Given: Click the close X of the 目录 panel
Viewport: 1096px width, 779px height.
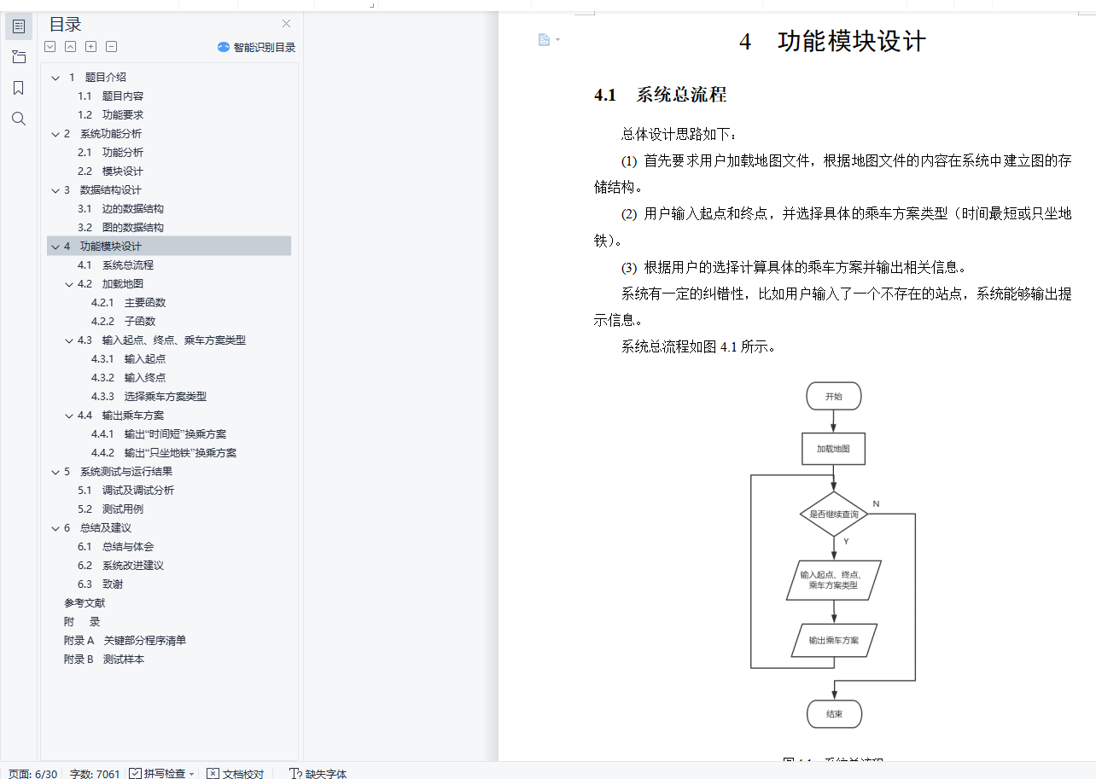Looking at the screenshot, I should coord(287,24).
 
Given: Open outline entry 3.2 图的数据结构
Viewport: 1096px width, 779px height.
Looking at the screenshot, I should coord(132,227).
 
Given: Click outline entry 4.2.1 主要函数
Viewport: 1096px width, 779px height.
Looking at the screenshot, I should coord(144,302).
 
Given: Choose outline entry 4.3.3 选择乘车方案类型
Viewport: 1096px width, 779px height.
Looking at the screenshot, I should coord(165,396).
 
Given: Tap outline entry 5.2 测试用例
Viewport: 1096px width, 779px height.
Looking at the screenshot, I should coord(122,509).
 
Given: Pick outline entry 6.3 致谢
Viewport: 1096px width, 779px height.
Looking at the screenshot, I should coord(112,584).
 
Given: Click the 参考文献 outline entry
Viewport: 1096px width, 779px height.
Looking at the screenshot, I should coord(85,602).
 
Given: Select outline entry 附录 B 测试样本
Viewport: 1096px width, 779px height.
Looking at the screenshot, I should coord(103,659).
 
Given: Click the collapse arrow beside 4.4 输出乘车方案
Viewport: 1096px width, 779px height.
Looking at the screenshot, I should coord(69,416).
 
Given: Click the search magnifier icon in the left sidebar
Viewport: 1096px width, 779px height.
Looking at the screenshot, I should coord(19,119).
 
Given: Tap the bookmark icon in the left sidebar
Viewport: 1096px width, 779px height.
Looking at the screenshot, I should coord(19,88).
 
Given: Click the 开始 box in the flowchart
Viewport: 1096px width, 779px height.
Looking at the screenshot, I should coord(833,397).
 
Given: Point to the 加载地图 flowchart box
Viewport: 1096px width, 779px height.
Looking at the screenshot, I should coord(833,448).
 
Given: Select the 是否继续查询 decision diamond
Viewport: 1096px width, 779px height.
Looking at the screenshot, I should coord(834,514).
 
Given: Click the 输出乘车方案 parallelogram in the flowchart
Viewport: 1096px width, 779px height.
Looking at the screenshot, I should coord(834,640).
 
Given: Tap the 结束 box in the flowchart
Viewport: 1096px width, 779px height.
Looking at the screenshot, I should coord(834,713).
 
